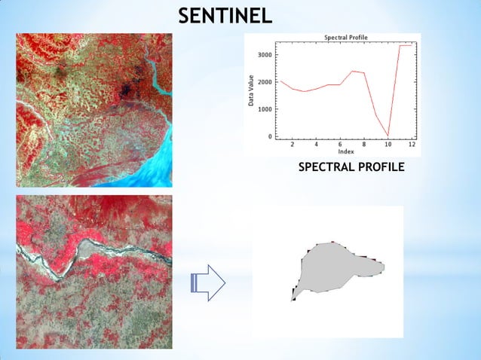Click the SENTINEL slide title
tap(225, 15)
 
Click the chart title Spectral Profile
tap(346, 37)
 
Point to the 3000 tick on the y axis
tap(265, 55)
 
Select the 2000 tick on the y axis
tap(265, 82)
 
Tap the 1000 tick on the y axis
tap(265, 109)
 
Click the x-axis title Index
tap(346, 151)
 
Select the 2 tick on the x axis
tap(293, 144)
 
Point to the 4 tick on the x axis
tap(316, 144)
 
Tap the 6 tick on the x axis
tap(340, 144)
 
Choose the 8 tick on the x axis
tap(364, 144)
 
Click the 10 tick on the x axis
tap(388, 144)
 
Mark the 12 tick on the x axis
tap(412, 144)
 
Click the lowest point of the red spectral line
tap(388, 136)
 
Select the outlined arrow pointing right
tap(209, 283)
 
